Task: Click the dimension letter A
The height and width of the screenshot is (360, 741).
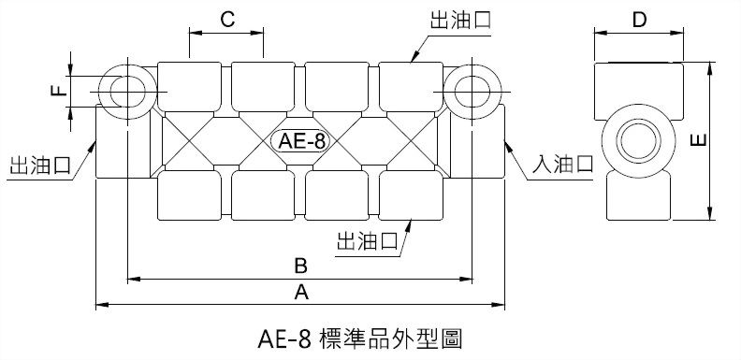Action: click(x=301, y=293)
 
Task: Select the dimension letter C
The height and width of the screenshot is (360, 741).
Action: click(x=225, y=20)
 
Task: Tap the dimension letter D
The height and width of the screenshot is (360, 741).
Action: click(x=639, y=21)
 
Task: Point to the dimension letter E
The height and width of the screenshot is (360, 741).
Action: click(x=698, y=140)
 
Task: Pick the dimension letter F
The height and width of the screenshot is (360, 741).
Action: click(x=57, y=91)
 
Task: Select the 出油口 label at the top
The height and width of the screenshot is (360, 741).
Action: click(x=460, y=20)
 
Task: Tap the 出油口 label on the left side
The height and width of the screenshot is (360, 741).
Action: click(x=39, y=166)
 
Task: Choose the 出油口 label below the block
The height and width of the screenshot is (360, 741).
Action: click(x=367, y=240)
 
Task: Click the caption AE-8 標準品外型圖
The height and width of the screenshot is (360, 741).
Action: click(x=358, y=338)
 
